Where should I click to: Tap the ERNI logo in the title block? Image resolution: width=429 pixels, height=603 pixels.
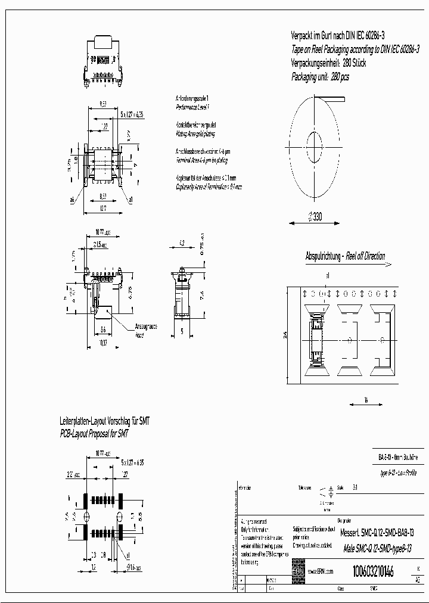click(297, 571)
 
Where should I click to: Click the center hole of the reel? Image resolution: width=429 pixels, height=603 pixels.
click(315, 143)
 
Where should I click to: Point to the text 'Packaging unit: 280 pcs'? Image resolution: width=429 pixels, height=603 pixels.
click(320, 77)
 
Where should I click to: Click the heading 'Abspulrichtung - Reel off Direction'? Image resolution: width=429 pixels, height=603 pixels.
click(345, 257)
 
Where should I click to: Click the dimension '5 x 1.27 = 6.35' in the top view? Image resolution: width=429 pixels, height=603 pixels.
click(132, 114)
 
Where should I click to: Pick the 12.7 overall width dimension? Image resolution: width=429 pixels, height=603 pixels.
click(102, 209)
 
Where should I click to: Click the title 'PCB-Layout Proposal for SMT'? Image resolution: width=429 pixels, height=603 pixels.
click(94, 434)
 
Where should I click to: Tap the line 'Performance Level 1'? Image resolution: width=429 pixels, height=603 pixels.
click(192, 106)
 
